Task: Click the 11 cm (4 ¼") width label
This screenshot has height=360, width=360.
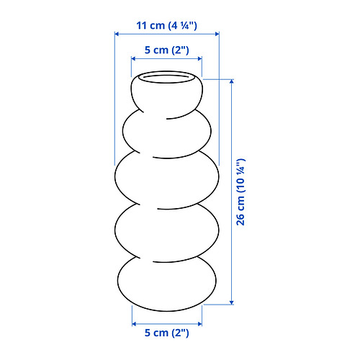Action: [x=166, y=25]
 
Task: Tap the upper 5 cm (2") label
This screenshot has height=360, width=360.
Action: [x=167, y=50]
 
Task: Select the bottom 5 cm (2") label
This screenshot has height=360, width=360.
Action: [x=167, y=333]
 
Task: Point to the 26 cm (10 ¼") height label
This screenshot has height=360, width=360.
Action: [x=240, y=192]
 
